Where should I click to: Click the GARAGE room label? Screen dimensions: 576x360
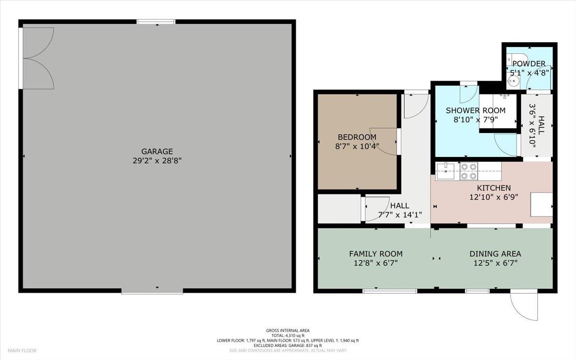(157, 151)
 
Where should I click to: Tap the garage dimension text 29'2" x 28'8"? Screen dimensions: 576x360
(157, 161)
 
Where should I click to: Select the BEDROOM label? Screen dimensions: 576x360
(357, 137)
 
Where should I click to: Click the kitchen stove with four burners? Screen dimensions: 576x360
(468, 171)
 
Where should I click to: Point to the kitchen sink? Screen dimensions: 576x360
(445, 171)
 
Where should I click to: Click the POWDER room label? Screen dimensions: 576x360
(529, 63)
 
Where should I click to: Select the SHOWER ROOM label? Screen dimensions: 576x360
(476, 110)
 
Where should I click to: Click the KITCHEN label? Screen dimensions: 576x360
(494, 188)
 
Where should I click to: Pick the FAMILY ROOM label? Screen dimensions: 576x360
(376, 254)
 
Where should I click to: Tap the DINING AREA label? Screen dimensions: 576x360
(495, 254)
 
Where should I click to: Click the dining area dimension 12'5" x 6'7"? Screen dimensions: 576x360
(495, 263)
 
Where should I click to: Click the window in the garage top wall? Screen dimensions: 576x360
(156, 22)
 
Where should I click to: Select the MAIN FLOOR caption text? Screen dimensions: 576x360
(22, 350)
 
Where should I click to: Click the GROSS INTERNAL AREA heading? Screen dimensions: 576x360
(288, 330)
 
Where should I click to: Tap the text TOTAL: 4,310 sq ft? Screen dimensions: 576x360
(288, 336)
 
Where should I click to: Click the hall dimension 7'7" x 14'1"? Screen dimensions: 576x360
(400, 215)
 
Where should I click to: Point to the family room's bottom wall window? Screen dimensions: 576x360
(390, 291)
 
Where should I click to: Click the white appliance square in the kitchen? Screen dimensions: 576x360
(541, 204)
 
